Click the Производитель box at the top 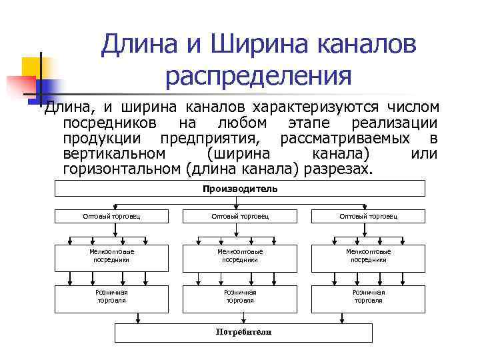(239, 189)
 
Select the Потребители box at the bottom (244, 332)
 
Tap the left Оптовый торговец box (111, 216)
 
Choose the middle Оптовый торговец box (240, 216)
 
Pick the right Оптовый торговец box (368, 216)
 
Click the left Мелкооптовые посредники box (111, 255)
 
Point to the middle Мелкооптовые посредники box (240, 255)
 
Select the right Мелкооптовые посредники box (368, 255)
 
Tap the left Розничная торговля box (111, 296)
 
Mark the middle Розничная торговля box (240, 296)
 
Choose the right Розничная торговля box (368, 296)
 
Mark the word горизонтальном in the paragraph (120, 169)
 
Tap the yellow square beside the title (35, 68)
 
